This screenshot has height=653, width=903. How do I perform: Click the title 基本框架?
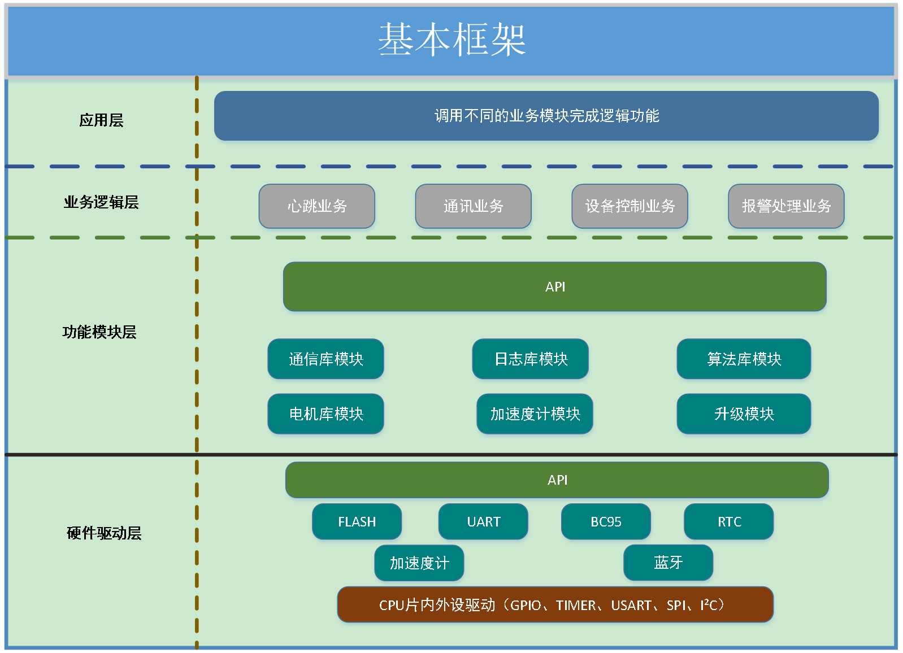451,40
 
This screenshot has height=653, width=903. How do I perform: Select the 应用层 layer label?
101,120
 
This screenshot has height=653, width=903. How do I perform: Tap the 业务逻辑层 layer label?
101,202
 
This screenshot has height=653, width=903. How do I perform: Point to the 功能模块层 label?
99,332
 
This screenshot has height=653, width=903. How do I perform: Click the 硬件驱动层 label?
104,533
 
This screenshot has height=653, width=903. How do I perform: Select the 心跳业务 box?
317,206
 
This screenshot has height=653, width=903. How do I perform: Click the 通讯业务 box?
474,206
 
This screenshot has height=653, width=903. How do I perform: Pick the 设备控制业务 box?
630,206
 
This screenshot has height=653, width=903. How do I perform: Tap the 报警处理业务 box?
786,206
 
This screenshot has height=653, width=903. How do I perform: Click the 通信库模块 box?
326,359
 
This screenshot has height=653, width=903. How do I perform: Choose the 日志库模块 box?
531,359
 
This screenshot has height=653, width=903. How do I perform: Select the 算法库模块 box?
744,359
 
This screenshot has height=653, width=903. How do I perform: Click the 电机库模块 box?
326,414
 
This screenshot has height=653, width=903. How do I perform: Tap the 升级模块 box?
744,414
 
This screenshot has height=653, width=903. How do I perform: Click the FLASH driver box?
357,522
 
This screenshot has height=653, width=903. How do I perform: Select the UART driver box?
483,522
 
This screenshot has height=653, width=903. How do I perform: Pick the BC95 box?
606,522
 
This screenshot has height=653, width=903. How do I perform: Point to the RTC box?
729,522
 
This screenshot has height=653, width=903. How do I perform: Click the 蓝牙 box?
668,563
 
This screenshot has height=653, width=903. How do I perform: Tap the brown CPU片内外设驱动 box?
555,605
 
